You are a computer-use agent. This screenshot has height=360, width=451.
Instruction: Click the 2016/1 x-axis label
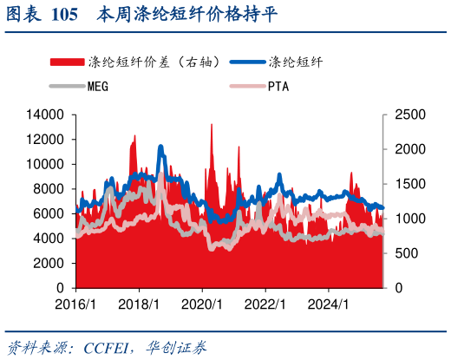[x=75, y=304]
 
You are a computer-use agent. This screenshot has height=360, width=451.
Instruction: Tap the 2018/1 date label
[x=139, y=304]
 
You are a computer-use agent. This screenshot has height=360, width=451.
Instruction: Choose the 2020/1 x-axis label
[x=202, y=304]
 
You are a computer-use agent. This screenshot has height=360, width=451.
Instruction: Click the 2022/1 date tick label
[x=265, y=304]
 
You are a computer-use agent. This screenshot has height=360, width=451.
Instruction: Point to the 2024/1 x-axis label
[x=329, y=304]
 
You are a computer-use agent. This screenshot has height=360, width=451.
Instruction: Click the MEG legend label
[x=99, y=86]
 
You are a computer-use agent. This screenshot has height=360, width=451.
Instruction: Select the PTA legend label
[x=278, y=86]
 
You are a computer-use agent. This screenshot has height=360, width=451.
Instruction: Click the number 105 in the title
[x=64, y=15]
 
